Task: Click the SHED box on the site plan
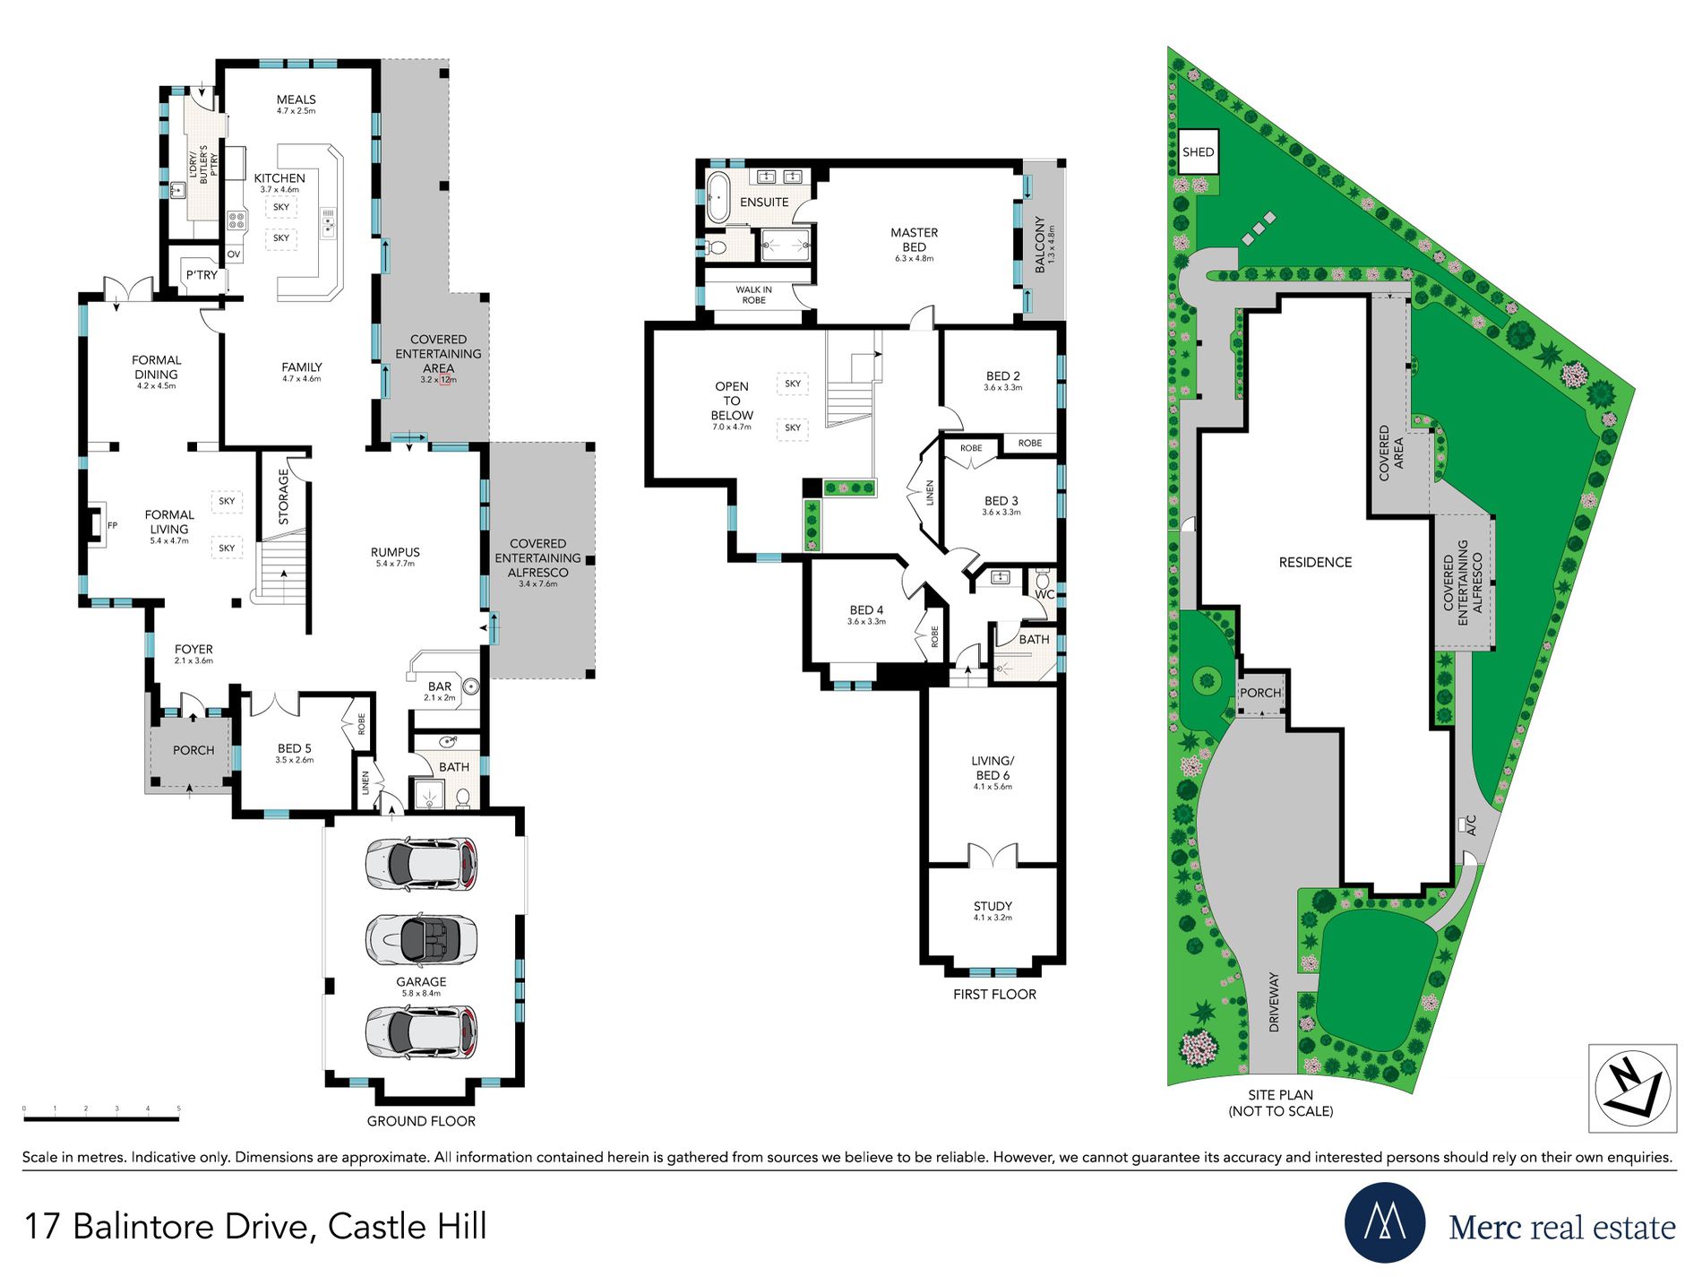pyautogui.click(x=1198, y=151)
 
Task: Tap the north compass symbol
pyautogui.click(x=1632, y=1088)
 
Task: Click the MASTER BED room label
pyautogui.click(x=914, y=239)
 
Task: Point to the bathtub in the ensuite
pyautogui.click(x=718, y=197)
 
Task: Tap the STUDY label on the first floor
pyautogui.click(x=993, y=906)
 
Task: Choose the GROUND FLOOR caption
pyautogui.click(x=421, y=1121)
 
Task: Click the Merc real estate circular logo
pyautogui.click(x=1385, y=1222)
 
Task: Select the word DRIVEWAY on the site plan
pyautogui.click(x=1274, y=1003)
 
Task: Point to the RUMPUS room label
pyautogui.click(x=395, y=552)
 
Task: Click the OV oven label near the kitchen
pyautogui.click(x=234, y=255)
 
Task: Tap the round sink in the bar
pyautogui.click(x=471, y=687)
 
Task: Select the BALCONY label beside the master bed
pyautogui.click(x=1040, y=244)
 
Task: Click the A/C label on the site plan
pyautogui.click(x=1470, y=825)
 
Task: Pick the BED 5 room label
pyautogui.click(x=294, y=748)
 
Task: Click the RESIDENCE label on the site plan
pyautogui.click(x=1315, y=562)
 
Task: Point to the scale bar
pyautogui.click(x=101, y=1118)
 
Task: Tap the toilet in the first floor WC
pyautogui.click(x=1043, y=579)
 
